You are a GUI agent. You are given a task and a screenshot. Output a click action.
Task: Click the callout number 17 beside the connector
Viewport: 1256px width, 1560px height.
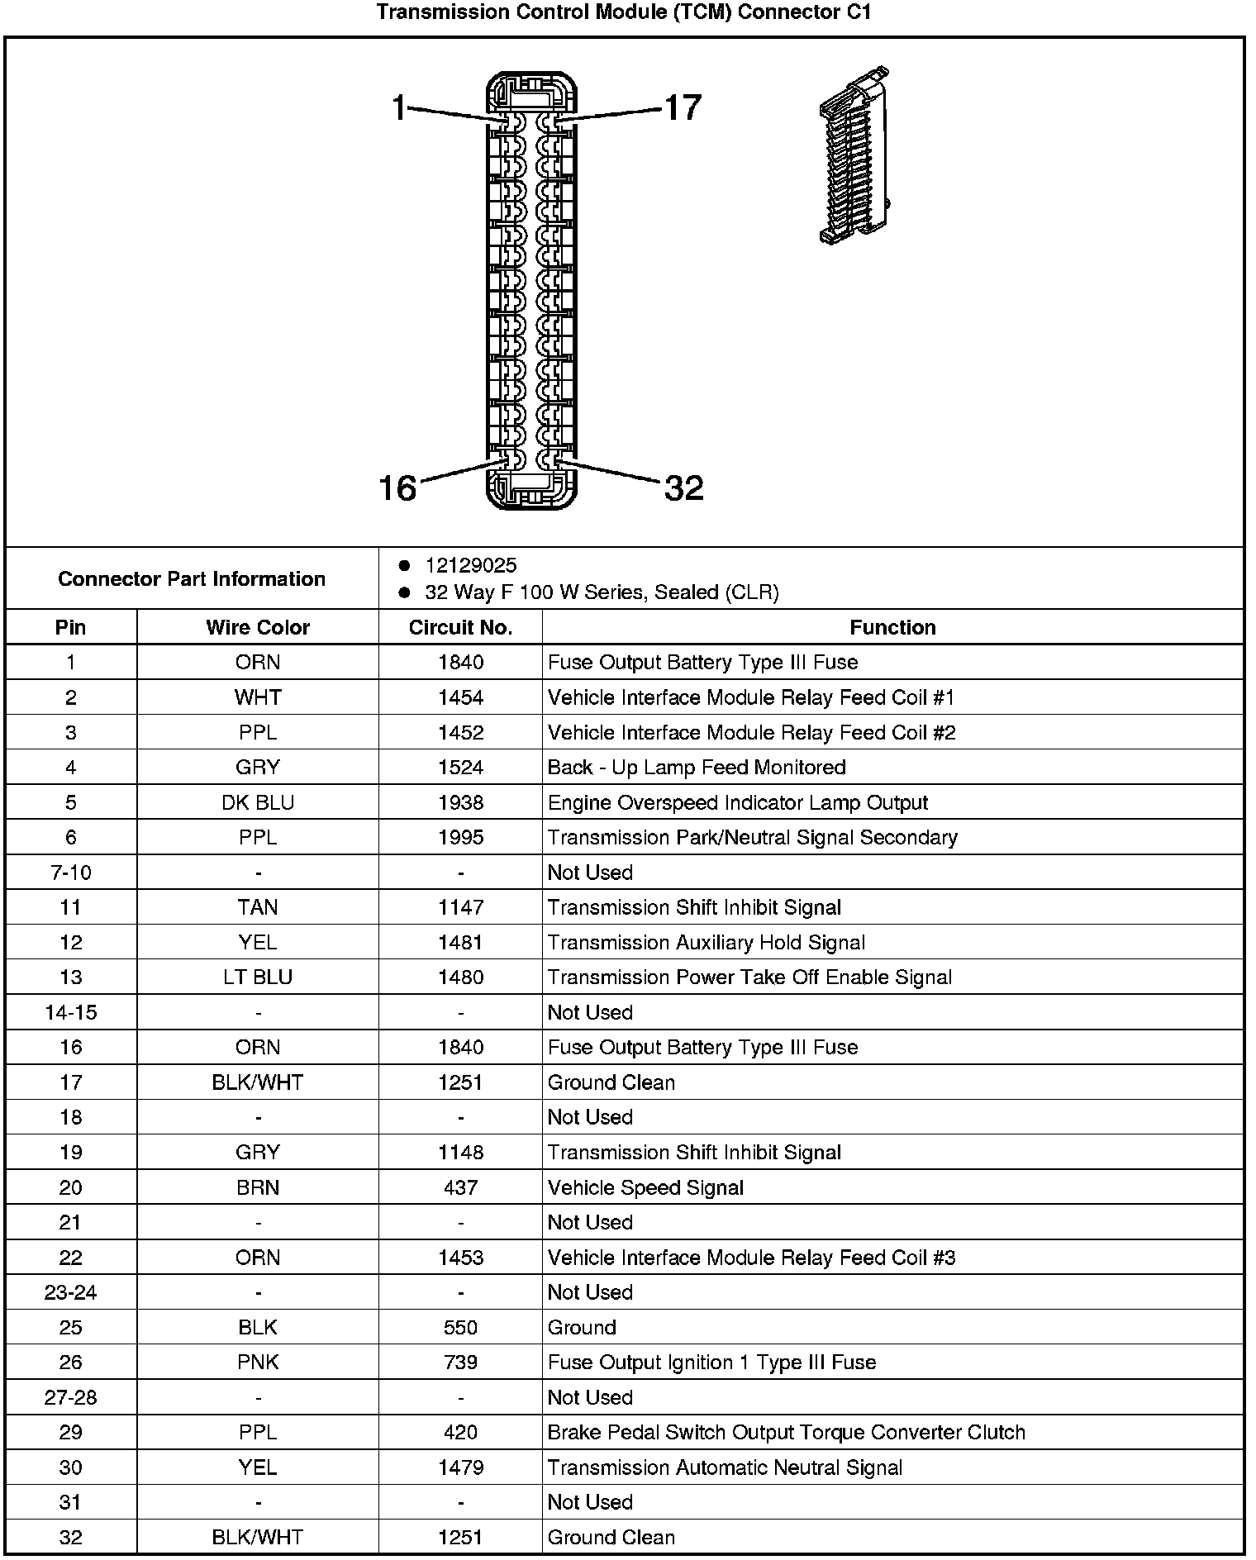click(x=683, y=108)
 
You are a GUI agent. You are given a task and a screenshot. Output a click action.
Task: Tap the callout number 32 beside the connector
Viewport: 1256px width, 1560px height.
click(x=683, y=488)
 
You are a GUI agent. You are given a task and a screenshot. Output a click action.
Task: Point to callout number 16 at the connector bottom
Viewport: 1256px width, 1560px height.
click(x=397, y=488)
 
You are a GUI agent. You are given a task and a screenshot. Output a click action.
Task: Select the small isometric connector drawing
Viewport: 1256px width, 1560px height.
click(x=854, y=155)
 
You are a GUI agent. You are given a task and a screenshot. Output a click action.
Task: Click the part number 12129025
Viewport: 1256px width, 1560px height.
click(x=471, y=565)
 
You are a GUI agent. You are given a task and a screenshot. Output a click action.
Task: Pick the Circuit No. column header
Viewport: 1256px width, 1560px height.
click(x=460, y=627)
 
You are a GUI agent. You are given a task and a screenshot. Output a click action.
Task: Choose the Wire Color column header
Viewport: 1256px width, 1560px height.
click(x=258, y=627)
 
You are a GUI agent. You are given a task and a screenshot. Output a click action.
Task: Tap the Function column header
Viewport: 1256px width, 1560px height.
click(x=892, y=627)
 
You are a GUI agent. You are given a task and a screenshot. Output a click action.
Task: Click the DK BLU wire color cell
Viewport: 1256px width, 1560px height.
click(x=258, y=802)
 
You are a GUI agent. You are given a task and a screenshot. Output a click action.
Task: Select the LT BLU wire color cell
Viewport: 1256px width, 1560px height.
click(x=258, y=977)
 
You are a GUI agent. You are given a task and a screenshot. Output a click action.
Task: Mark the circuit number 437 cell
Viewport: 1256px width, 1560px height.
click(x=460, y=1187)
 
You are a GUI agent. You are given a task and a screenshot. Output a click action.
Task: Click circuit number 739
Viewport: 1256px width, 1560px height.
click(x=460, y=1363)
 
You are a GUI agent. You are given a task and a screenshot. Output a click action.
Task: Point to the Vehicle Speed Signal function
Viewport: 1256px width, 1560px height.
click(x=645, y=1187)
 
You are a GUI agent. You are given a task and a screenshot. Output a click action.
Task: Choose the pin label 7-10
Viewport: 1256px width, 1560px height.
click(x=71, y=873)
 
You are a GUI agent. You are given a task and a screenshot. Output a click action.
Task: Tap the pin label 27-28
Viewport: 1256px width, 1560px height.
click(x=71, y=1397)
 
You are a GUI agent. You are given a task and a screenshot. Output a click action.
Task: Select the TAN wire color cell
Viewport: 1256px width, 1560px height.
click(x=258, y=907)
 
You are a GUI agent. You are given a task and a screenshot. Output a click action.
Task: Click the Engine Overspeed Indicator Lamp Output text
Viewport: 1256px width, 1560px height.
click(x=737, y=802)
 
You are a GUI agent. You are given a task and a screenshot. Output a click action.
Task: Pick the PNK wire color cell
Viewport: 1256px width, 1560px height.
click(x=258, y=1363)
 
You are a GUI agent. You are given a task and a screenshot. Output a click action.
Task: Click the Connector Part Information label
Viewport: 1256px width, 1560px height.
click(x=192, y=578)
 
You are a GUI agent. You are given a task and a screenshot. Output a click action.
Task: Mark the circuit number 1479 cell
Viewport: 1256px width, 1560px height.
click(x=460, y=1467)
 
